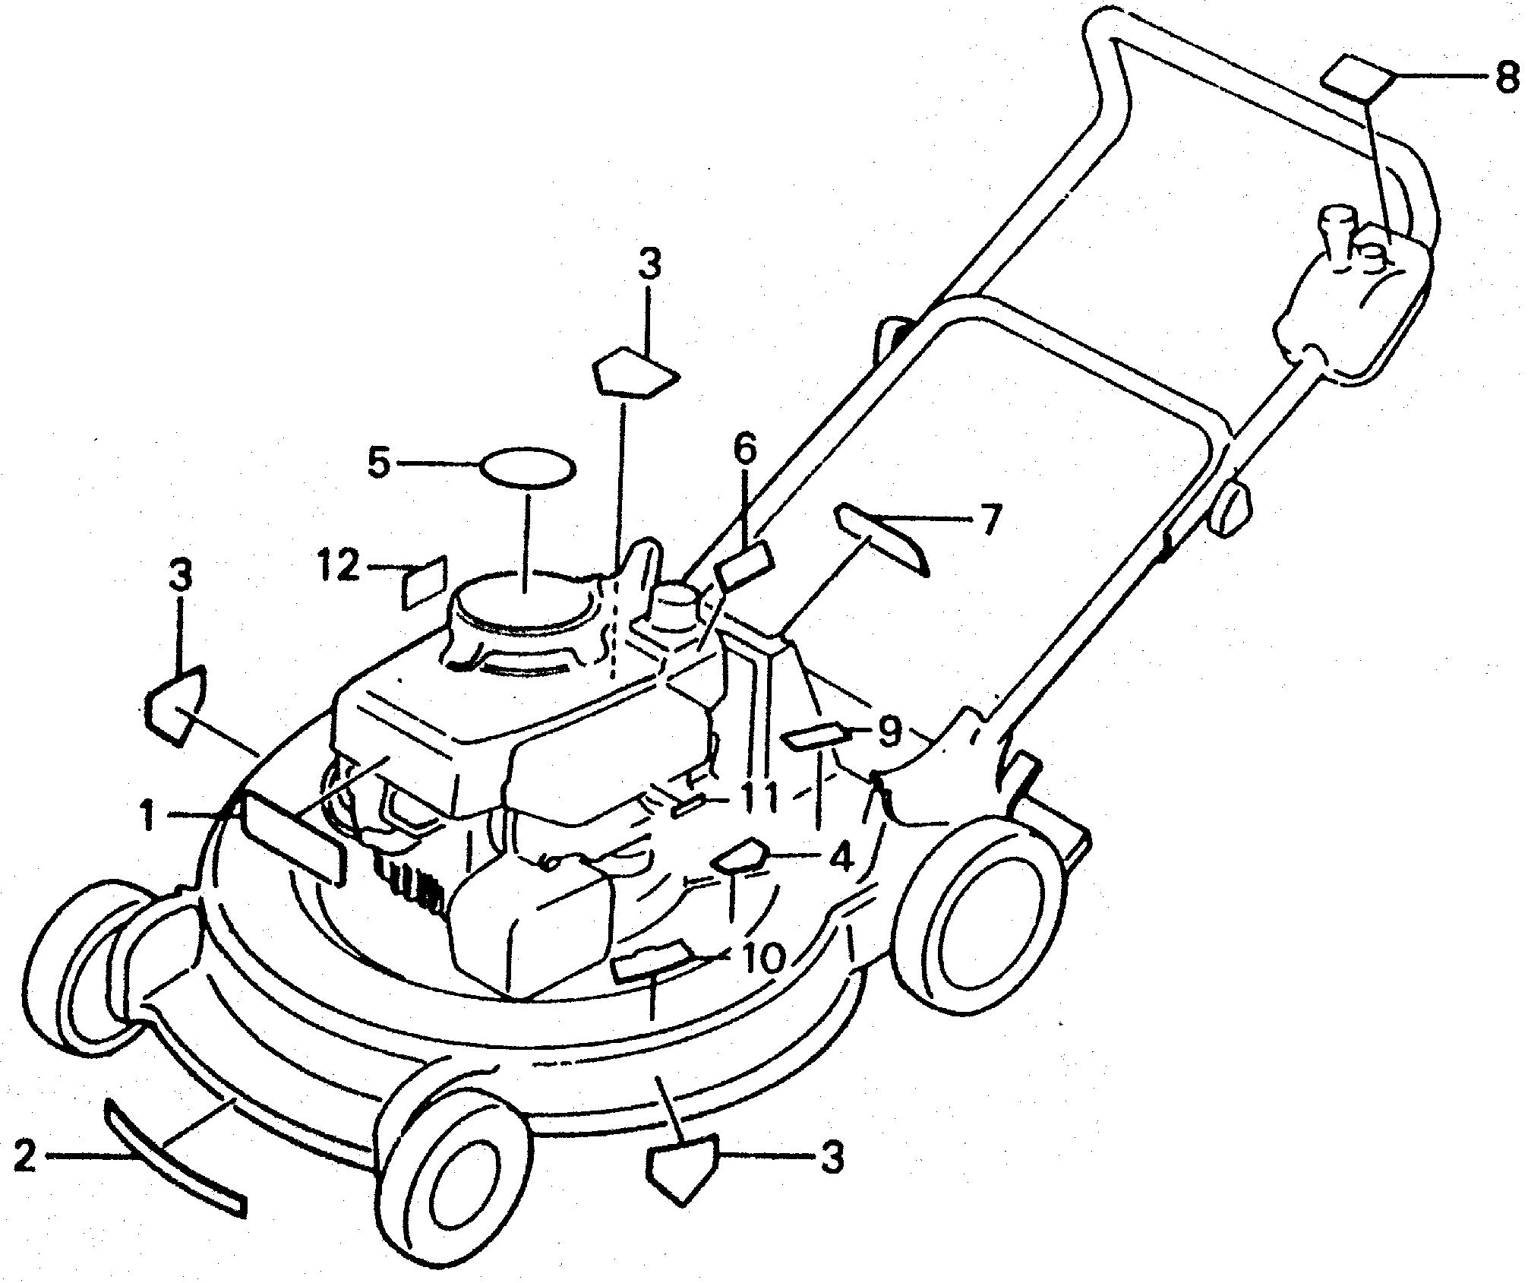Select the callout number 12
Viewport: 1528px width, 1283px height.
tap(338, 566)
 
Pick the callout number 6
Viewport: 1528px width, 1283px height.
tap(744, 450)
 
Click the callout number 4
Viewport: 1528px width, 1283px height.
tap(841, 858)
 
